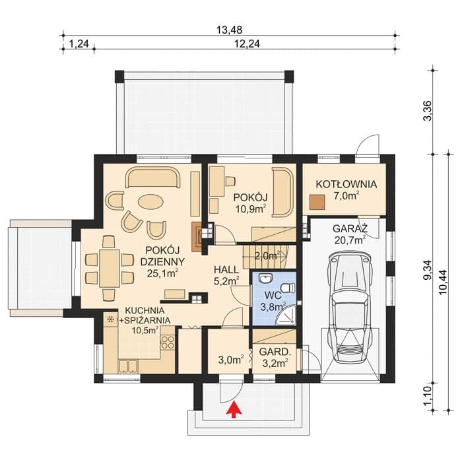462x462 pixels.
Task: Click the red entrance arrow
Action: [234, 409]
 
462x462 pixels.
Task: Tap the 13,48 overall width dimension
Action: [229, 30]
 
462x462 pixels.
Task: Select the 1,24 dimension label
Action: [79, 44]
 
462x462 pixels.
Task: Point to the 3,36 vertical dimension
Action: [427, 111]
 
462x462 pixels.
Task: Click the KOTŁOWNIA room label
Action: [346, 184]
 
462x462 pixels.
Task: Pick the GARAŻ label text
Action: [350, 228]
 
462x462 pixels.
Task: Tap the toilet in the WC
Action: [288, 288]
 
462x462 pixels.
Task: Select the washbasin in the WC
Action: [267, 278]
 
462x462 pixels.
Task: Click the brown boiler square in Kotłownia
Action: [317, 202]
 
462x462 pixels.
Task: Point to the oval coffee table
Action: [150, 202]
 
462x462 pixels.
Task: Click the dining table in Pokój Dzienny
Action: [110, 268]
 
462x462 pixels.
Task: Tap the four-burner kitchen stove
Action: [168, 343]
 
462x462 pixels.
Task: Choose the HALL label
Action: [226, 269]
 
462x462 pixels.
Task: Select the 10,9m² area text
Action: [251, 209]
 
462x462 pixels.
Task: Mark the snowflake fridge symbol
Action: [111, 319]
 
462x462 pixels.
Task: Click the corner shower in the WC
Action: [286, 315]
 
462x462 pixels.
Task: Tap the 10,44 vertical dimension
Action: [443, 282]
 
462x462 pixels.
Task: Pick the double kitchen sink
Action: [128, 366]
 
